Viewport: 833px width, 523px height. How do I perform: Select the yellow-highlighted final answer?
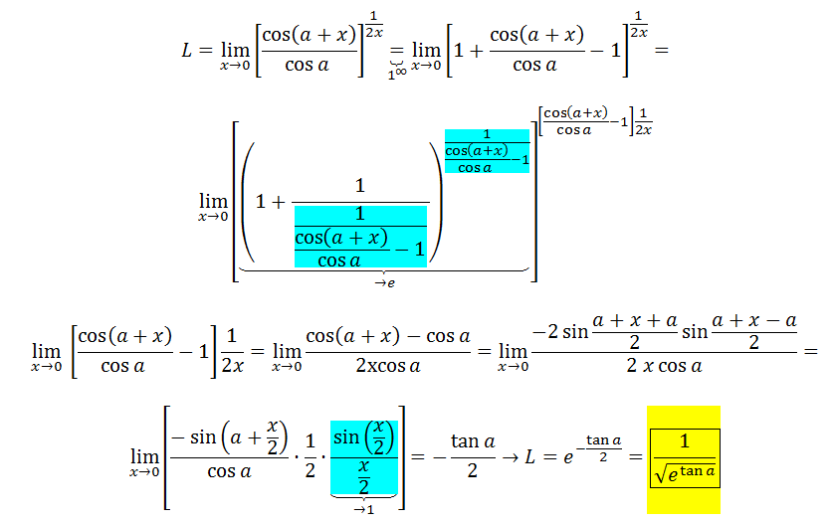682,458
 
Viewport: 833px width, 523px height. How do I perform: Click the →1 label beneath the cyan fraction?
364,507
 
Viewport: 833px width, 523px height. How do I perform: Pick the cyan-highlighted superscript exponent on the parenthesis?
487,151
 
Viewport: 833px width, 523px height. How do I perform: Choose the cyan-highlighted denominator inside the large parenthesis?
360,237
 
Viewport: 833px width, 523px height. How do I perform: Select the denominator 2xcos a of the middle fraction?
387,365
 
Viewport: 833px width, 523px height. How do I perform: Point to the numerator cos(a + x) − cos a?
387,336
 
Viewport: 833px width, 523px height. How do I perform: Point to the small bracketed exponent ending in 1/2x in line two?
594,120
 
